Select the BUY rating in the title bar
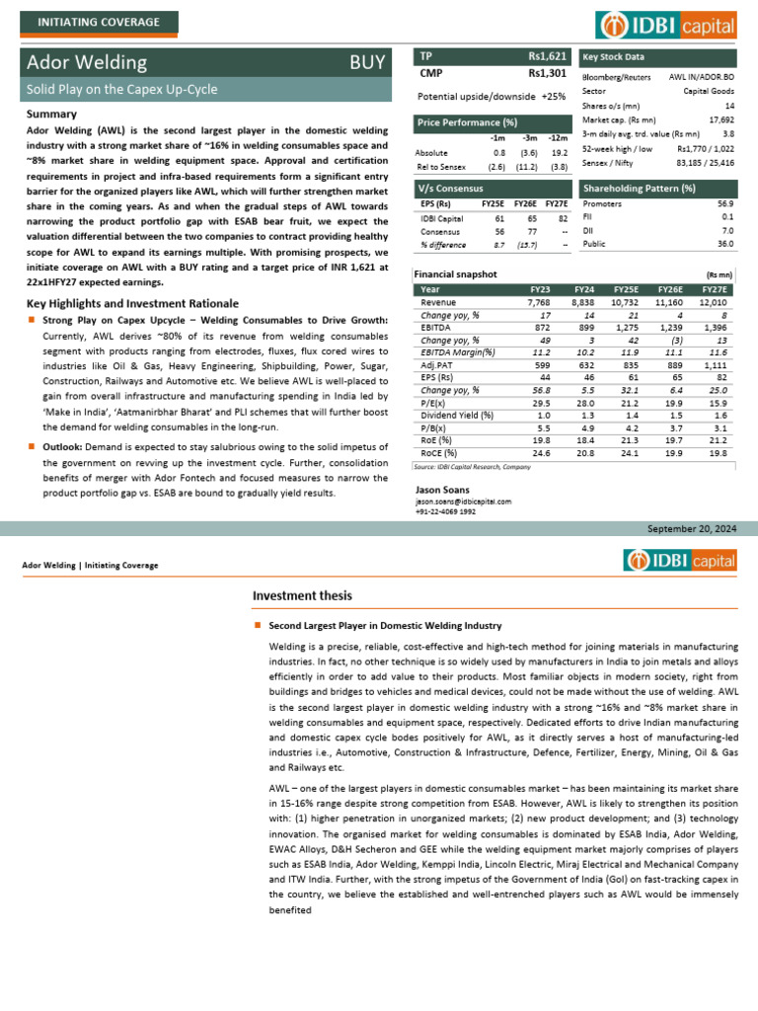pos(367,63)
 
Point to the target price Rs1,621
pos(547,56)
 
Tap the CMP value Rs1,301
pos(547,72)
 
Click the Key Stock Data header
pos(614,57)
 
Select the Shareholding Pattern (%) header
pos(640,188)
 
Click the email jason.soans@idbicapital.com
pos(463,502)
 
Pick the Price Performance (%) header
pos(468,122)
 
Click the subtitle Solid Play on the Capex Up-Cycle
pos(122,90)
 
